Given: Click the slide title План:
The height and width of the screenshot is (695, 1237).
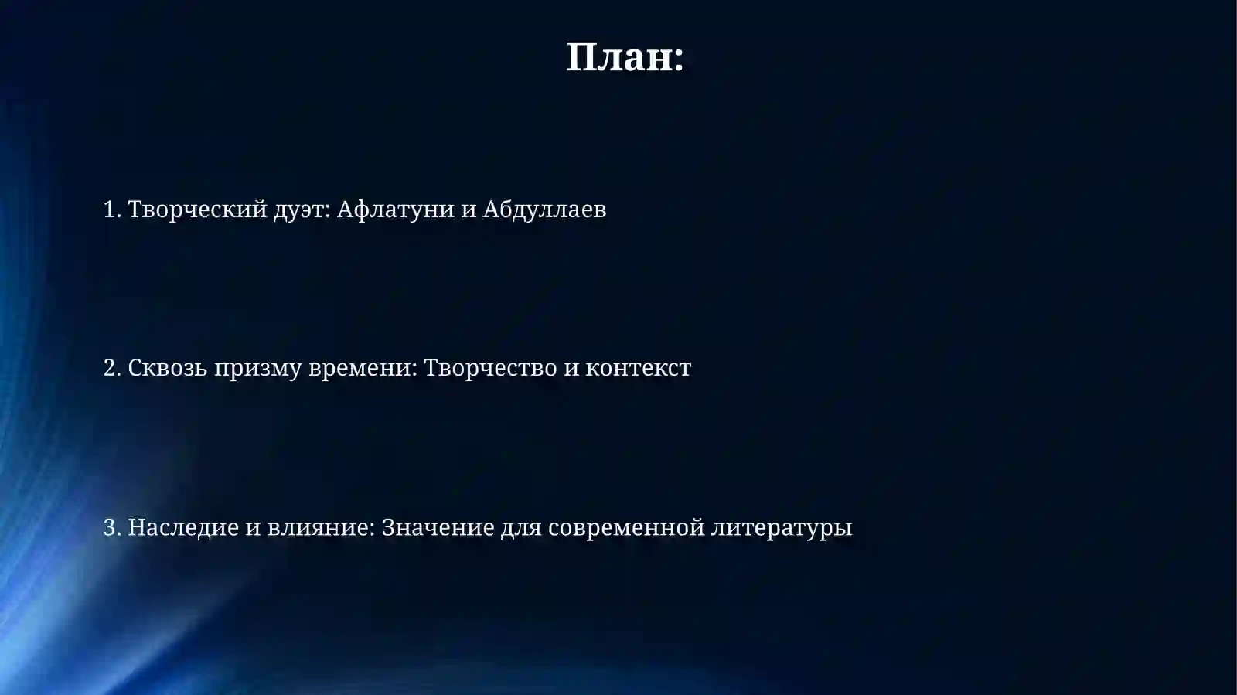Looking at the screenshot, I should click(x=625, y=58).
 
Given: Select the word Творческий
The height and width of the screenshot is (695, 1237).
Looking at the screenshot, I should click(x=197, y=210).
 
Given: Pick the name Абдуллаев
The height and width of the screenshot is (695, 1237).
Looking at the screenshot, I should click(x=544, y=210).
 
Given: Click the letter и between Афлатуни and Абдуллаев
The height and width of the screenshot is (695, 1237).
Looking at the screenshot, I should click(x=469, y=210).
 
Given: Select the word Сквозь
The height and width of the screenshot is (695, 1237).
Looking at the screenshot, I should click(x=167, y=368).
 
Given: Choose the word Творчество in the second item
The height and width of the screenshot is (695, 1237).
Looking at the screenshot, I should click(x=490, y=368).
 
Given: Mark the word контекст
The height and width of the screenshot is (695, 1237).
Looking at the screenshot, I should click(x=638, y=369).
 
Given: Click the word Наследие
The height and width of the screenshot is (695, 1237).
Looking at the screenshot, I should click(x=183, y=527).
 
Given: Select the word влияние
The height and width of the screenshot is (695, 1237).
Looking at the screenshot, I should click(x=320, y=527).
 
